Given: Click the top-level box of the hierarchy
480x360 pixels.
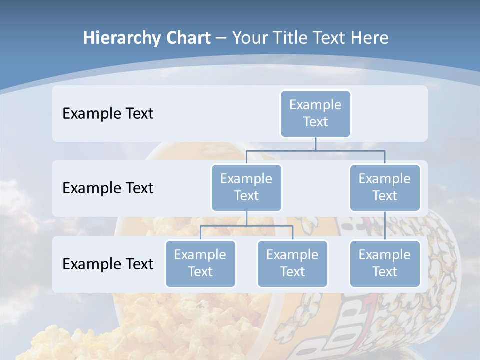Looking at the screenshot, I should [315, 113].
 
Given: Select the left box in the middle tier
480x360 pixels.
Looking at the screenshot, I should [246, 187].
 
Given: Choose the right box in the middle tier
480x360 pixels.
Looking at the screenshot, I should [385, 187].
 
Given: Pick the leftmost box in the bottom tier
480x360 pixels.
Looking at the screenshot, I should [200, 263].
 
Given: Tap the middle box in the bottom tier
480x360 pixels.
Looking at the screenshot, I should [292, 263].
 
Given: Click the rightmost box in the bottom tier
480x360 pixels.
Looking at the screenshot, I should [385, 263].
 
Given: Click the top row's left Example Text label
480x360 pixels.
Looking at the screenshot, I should [108, 113].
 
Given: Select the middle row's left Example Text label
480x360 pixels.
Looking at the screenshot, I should [108, 188].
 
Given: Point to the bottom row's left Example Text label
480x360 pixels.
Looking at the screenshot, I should [108, 264].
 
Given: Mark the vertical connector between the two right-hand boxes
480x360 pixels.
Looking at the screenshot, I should [385, 226].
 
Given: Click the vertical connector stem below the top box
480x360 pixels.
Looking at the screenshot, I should [315, 144].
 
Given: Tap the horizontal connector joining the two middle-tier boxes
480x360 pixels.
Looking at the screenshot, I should [315, 150].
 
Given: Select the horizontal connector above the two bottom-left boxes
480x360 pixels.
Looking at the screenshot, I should [246, 226].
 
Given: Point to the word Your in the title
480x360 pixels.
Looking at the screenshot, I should [249, 38].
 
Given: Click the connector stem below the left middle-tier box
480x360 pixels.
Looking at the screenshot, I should [246, 218].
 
